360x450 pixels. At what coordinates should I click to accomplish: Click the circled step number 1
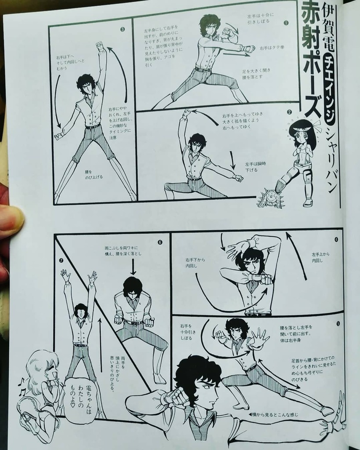pyautogui.click(x=286, y=22)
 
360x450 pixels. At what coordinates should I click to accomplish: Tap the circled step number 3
pyautogui.click(x=122, y=30)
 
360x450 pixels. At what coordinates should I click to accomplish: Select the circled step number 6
pyautogui.click(x=160, y=242)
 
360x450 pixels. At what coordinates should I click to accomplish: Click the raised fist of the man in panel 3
pyautogui.click(x=100, y=46)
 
